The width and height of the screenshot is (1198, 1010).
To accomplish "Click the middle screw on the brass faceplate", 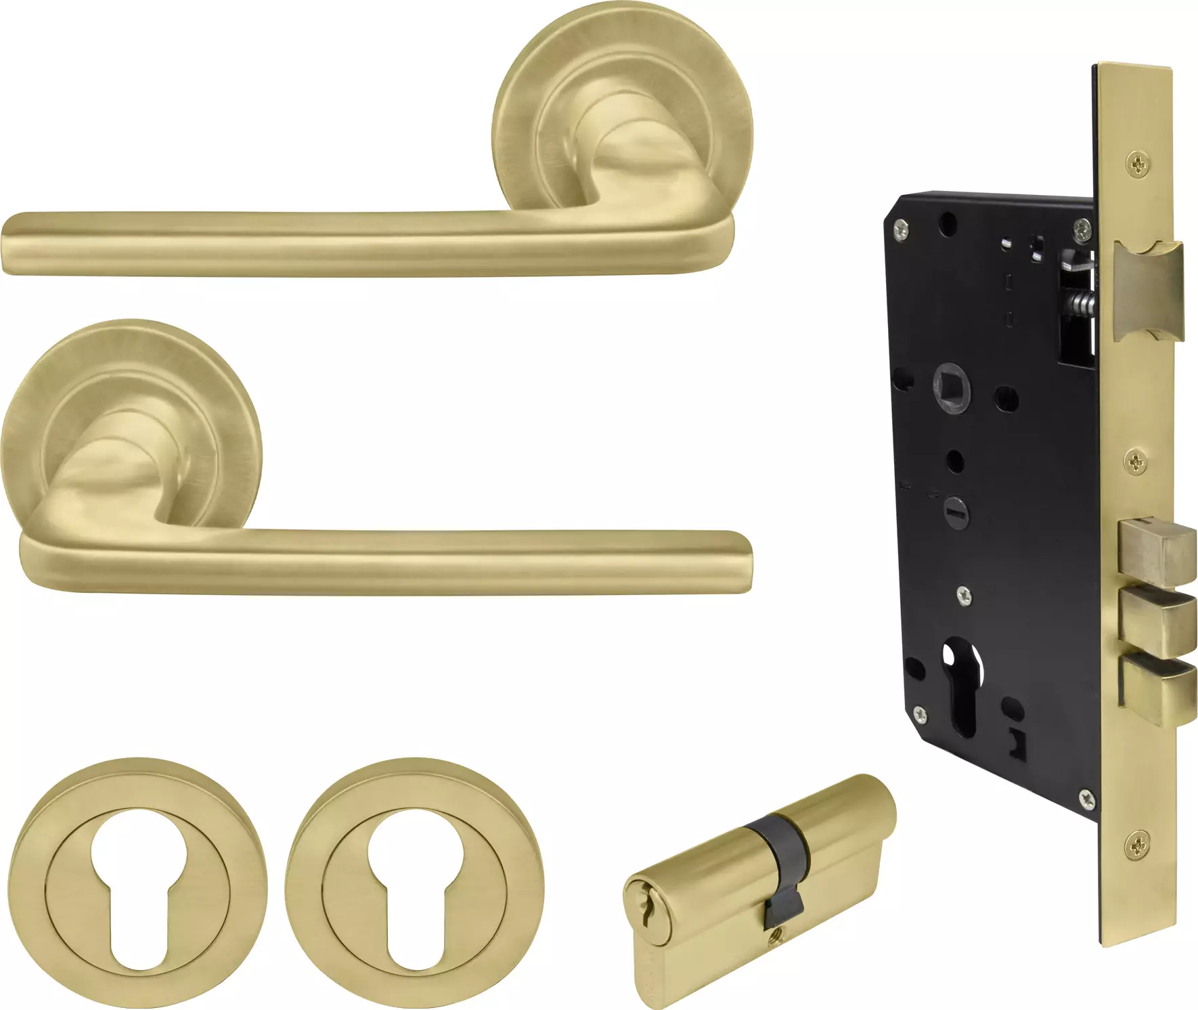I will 1139,463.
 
